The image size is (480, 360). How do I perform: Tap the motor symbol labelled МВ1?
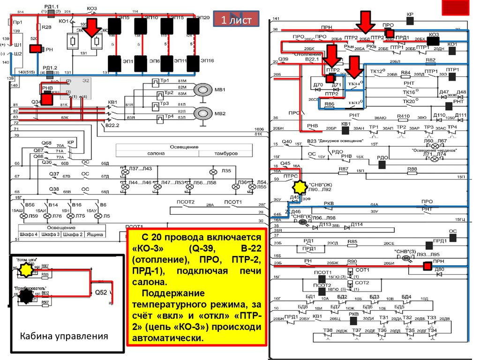[x=203, y=90]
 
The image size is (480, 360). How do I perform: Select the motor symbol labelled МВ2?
[x=203, y=113]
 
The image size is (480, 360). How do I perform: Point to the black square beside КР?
[x=410, y=21]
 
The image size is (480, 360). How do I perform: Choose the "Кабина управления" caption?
[x=63, y=336]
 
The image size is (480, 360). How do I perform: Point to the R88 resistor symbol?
[x=412, y=173]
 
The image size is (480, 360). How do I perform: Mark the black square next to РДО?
[x=382, y=165]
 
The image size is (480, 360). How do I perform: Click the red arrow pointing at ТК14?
[x=355, y=65]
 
